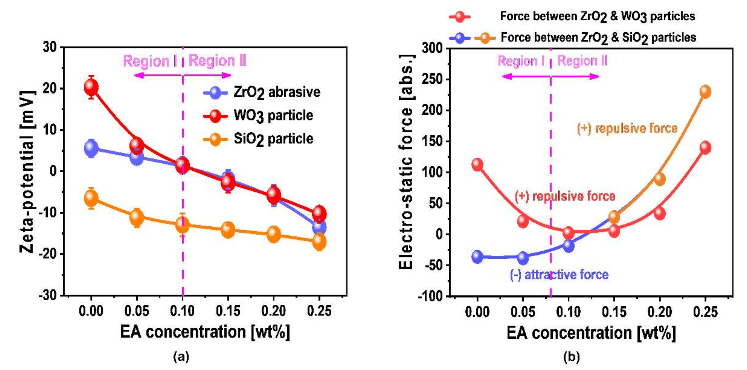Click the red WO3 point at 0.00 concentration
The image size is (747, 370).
pyautogui.click(x=91, y=87)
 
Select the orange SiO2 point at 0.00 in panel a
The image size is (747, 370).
pyautogui.click(x=91, y=198)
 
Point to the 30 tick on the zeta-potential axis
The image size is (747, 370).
pyautogui.click(x=50, y=47)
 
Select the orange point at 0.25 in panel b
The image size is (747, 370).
pyautogui.click(x=705, y=92)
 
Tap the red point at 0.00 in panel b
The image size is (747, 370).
pyautogui.click(x=477, y=165)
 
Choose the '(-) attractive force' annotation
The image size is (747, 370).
pyautogui.click(x=559, y=275)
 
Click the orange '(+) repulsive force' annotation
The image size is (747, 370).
pyautogui.click(x=627, y=128)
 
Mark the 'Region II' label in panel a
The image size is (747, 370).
pyautogui.click(x=217, y=61)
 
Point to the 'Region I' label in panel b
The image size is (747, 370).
pyautogui.click(x=521, y=61)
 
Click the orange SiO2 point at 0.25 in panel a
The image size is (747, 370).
pyautogui.click(x=319, y=241)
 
